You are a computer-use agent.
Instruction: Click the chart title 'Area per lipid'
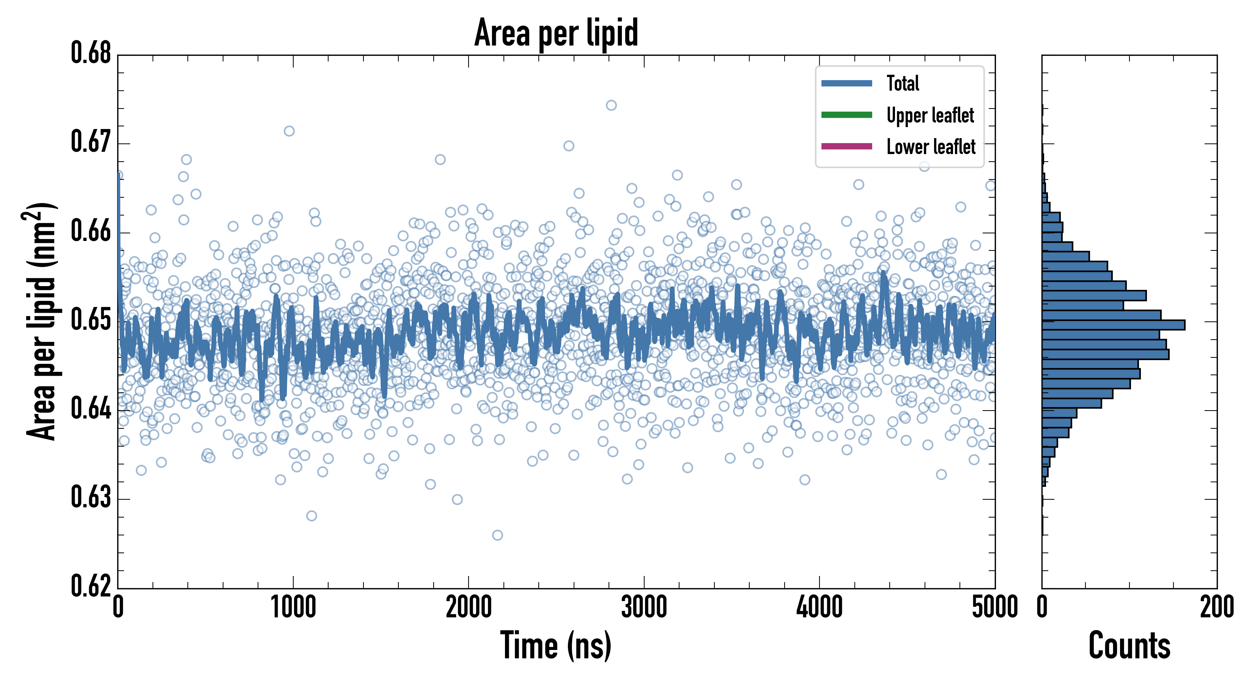[x=556, y=33]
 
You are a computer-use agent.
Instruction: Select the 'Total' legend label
[x=903, y=83]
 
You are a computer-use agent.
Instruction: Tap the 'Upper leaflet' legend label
[x=930, y=116]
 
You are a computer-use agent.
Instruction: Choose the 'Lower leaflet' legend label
[x=931, y=147]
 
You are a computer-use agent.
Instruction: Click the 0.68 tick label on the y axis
[x=91, y=53]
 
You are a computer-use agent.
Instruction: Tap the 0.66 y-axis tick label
[x=91, y=231]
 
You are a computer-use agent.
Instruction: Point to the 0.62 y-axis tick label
[x=91, y=586]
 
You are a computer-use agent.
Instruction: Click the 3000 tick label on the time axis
[x=644, y=607]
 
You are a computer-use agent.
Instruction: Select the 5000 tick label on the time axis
[x=994, y=607]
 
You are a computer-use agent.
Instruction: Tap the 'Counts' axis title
[x=1129, y=645]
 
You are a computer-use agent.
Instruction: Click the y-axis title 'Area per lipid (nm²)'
[x=42, y=321]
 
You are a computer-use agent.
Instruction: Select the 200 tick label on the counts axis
[x=1216, y=607]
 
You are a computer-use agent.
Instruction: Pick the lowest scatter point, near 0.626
[x=497, y=535]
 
